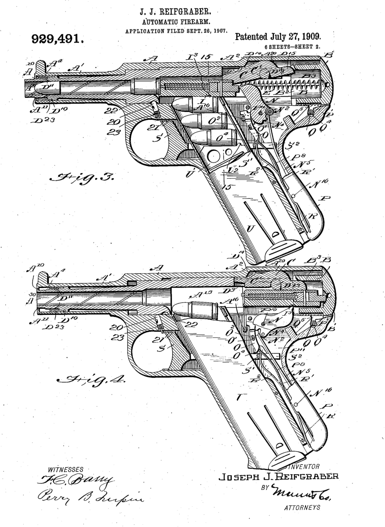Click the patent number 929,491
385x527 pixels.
coord(58,39)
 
